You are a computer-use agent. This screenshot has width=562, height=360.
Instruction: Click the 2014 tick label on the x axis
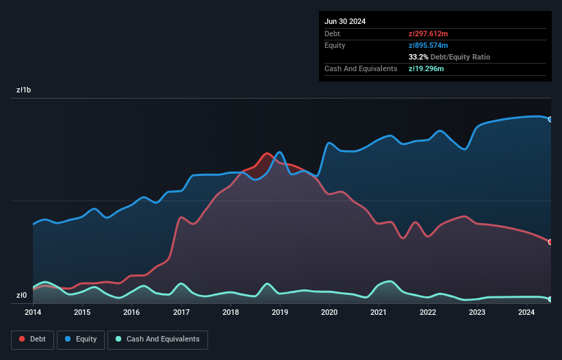coord(33,313)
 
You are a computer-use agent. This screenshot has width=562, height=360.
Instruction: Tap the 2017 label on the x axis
coord(181,313)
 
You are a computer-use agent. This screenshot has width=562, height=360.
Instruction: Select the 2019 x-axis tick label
coord(280,313)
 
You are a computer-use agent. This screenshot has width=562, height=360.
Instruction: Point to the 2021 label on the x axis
coord(379,313)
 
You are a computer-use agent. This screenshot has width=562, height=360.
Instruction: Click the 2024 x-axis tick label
coord(526,313)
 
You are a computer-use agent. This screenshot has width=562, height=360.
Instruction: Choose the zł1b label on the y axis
coord(25,90)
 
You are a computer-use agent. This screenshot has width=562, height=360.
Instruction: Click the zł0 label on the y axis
coord(22,296)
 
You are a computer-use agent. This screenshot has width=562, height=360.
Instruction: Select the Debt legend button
coord(32,339)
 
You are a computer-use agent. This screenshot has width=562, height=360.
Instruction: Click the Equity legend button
coord(81,339)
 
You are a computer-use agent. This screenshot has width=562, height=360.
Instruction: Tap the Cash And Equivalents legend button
coord(157,339)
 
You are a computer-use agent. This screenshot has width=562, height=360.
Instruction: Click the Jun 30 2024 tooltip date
coord(345,21)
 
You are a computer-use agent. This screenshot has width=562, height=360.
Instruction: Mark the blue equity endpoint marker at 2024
coord(550,119)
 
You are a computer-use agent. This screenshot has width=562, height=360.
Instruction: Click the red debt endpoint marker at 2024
coord(550,242)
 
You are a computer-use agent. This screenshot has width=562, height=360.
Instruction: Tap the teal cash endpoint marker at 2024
coord(550,299)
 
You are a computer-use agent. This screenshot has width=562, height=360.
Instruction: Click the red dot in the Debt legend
coord(23,339)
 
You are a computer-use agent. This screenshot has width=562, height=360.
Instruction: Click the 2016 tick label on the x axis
coord(131,313)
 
